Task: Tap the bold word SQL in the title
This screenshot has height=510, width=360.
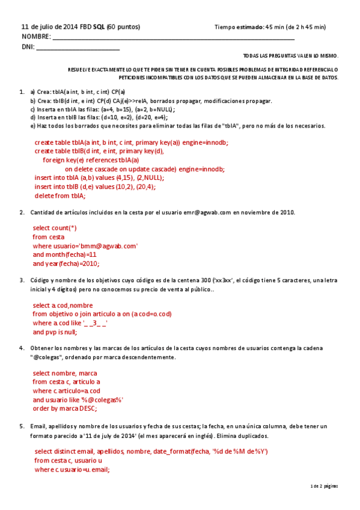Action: click(99, 27)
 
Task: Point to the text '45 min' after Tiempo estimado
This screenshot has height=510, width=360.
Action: click(275, 27)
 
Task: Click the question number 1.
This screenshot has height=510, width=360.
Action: click(22, 92)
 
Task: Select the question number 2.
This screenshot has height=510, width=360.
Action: click(22, 212)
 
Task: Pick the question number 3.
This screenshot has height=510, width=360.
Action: click(22, 280)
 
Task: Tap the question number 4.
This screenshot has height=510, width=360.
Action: click(22, 348)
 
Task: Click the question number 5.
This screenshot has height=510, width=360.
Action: click(22, 426)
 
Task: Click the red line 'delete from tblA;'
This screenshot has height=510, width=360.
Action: click(60, 195)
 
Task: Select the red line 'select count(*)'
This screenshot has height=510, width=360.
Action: click(55, 228)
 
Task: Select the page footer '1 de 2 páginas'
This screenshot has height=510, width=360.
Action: click(325, 485)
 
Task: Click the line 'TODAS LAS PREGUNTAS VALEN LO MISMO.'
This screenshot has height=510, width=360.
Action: click(290, 56)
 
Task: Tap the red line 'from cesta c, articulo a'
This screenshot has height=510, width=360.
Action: click(66, 382)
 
